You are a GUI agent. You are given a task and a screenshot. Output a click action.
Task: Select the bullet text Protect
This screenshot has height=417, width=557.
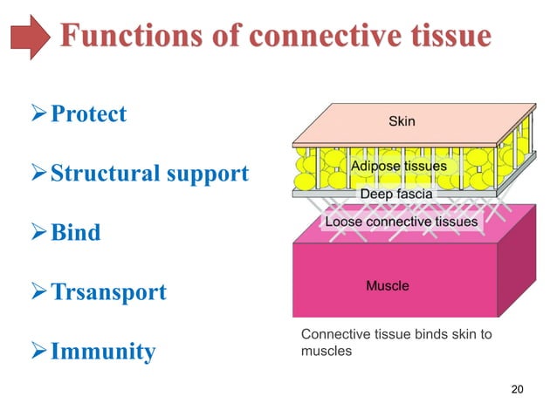click(x=88, y=114)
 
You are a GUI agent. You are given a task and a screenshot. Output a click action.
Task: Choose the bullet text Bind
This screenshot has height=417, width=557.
click(x=75, y=233)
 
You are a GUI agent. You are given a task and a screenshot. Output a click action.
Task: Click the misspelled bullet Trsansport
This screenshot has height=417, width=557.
click(x=108, y=292)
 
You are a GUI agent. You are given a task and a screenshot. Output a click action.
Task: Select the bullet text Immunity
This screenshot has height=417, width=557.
click(x=103, y=352)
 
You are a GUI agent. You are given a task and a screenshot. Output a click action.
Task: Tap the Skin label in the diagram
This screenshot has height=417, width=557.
click(x=402, y=121)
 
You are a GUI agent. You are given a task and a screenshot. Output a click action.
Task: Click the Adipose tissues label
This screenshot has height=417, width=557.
click(x=398, y=166)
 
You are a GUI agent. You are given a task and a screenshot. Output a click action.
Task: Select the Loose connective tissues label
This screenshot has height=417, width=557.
click(x=401, y=222)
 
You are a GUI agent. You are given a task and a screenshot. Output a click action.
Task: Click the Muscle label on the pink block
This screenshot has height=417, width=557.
click(x=387, y=285)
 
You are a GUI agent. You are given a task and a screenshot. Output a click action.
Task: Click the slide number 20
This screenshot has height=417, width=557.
click(x=516, y=390)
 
